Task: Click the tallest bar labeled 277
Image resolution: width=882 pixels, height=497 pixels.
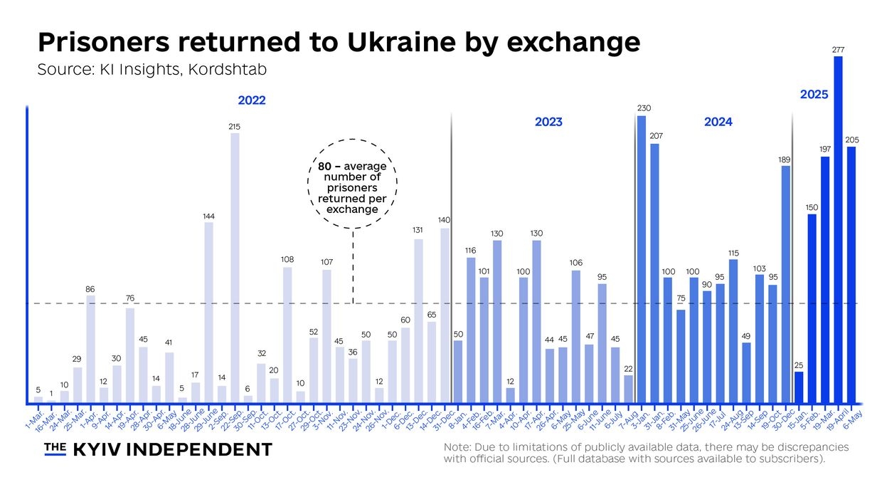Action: pos(838,228)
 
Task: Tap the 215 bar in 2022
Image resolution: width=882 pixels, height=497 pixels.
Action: pos(235,267)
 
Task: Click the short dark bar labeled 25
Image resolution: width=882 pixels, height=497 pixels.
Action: pos(799,387)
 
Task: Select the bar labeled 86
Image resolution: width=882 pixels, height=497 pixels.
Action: pos(90,349)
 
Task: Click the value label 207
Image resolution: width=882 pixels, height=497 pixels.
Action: pos(654,135)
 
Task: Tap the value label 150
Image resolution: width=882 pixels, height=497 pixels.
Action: pos(812,207)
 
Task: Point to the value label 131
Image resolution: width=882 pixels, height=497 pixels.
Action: pos(418,230)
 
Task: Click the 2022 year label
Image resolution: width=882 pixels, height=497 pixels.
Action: pos(251,100)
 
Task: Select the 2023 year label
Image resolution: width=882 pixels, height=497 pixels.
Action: pos(548,122)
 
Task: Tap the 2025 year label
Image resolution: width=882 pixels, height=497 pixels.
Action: pos(814,93)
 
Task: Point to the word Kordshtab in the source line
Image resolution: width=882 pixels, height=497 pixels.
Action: pos(228,70)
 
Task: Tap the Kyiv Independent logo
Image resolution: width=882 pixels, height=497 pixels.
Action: pos(158,449)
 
